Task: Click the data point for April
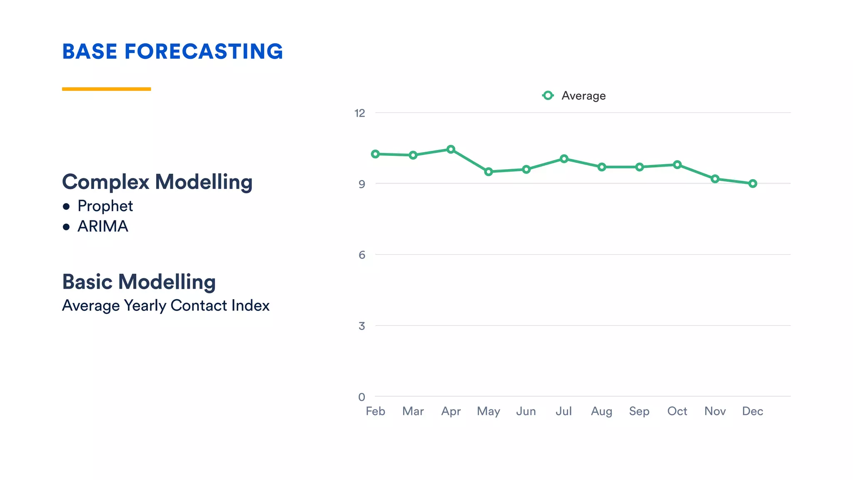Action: pyautogui.click(x=451, y=149)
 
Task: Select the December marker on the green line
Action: pyautogui.click(x=753, y=183)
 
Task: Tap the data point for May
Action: pyautogui.click(x=489, y=172)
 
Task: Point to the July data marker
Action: pyautogui.click(x=564, y=159)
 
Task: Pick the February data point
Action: pyautogui.click(x=375, y=154)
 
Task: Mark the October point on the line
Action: pyautogui.click(x=677, y=165)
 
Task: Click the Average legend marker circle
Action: pyautogui.click(x=548, y=95)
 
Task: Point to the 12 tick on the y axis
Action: pyautogui.click(x=359, y=113)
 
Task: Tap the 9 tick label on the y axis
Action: pyautogui.click(x=362, y=184)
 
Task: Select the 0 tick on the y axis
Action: pyautogui.click(x=362, y=397)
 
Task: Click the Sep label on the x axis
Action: pyautogui.click(x=639, y=411)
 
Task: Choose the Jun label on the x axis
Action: pyautogui.click(x=526, y=411)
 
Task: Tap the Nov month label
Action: pyautogui.click(x=715, y=411)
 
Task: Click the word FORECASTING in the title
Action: pyautogui.click(x=203, y=52)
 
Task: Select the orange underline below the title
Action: pyautogui.click(x=106, y=89)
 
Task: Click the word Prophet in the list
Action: pyautogui.click(x=105, y=206)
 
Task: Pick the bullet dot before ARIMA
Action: pyautogui.click(x=66, y=227)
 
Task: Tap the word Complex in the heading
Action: pyautogui.click(x=105, y=182)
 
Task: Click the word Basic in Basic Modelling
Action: pyautogui.click(x=87, y=282)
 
